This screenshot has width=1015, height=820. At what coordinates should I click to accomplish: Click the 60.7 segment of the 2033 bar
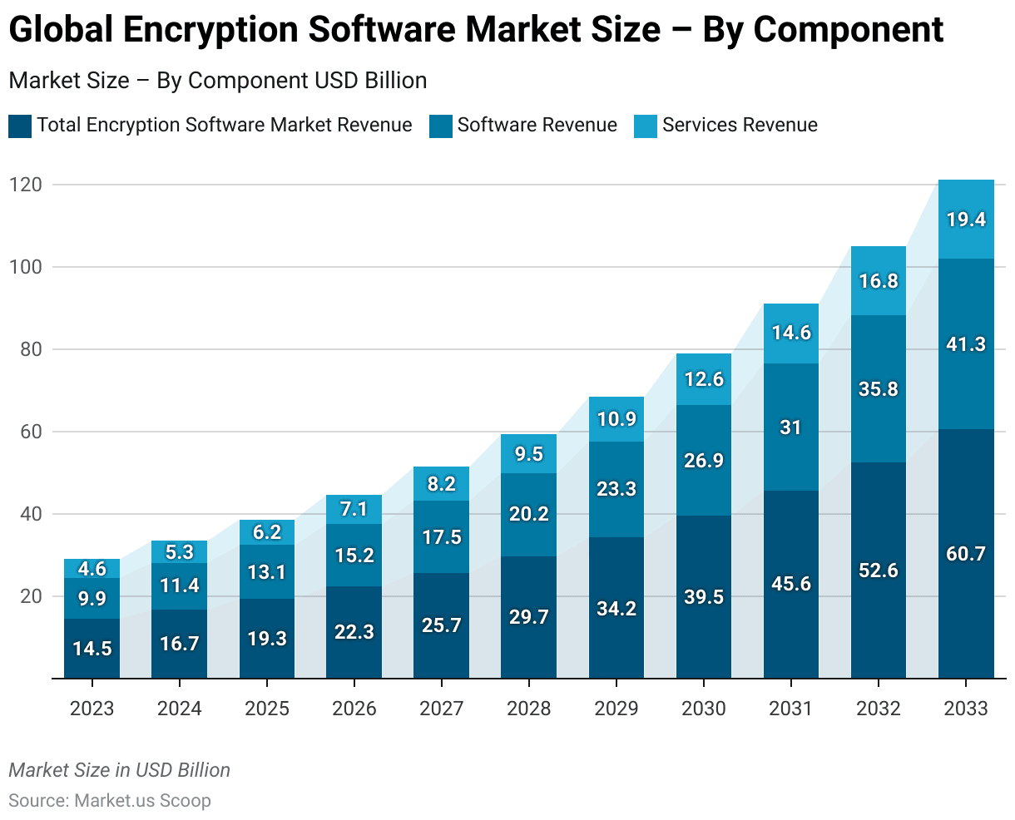tap(966, 554)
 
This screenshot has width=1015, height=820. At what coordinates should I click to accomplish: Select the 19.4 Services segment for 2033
tap(966, 220)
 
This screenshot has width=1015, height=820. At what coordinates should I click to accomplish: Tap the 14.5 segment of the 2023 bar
tap(92, 649)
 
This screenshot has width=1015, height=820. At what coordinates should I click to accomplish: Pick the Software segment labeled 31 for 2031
tap(790, 427)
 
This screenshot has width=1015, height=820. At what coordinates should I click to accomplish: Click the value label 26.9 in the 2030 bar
tap(704, 461)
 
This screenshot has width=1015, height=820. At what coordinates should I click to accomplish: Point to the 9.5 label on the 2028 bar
tap(529, 454)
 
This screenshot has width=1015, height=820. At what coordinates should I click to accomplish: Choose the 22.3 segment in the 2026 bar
tap(354, 632)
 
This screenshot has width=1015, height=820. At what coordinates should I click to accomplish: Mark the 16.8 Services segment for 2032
tap(879, 281)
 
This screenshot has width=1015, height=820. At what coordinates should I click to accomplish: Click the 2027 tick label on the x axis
tap(442, 709)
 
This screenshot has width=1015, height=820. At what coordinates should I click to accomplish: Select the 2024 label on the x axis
tap(179, 709)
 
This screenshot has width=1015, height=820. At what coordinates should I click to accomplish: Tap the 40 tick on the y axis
tap(30, 514)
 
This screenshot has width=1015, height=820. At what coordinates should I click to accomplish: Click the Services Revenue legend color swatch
tap(646, 126)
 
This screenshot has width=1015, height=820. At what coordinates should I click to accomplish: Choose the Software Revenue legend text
tap(537, 125)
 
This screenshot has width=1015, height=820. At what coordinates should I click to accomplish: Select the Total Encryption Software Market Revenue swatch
tap(20, 126)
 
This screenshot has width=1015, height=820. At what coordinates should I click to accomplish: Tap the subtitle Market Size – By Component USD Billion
tap(218, 81)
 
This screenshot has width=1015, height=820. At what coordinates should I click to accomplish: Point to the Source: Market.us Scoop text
tap(110, 801)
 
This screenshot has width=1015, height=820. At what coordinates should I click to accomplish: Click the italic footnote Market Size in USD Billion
tap(120, 770)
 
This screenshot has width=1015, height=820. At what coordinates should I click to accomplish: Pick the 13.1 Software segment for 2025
tap(267, 572)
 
